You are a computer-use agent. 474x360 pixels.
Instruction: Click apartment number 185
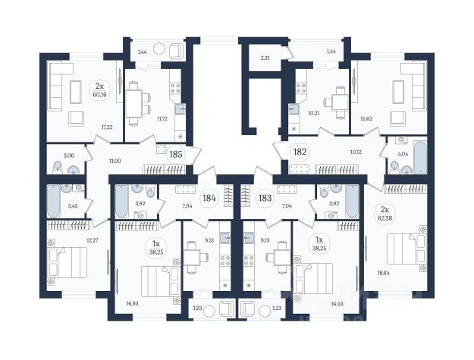[x=176, y=155]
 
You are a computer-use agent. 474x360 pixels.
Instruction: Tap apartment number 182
[x=300, y=152]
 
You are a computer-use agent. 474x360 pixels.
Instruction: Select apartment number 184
[x=209, y=199]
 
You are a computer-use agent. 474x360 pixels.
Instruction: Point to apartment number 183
[x=265, y=199]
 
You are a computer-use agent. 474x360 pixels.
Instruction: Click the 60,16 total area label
[x=100, y=94]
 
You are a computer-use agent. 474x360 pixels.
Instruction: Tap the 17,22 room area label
[x=107, y=127]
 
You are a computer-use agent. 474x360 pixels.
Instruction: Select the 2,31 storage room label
[x=265, y=58]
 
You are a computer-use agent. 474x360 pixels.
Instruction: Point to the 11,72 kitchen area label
[x=162, y=119]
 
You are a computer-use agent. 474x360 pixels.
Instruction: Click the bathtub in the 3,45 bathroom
[x=53, y=201]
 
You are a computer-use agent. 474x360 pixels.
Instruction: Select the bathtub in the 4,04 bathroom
[x=420, y=158]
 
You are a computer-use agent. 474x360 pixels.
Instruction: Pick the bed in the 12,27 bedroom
[x=67, y=262]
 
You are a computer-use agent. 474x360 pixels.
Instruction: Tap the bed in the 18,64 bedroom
[x=407, y=249]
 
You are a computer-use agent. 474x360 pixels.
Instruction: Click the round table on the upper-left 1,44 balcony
[x=159, y=49]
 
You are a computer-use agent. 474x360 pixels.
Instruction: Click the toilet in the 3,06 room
[x=58, y=167]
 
